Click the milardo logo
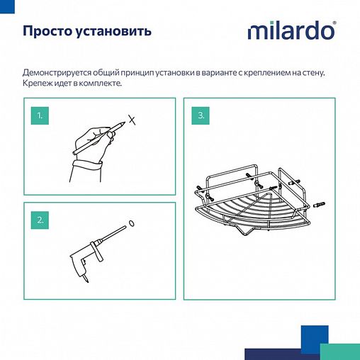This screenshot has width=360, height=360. (x=291, y=31)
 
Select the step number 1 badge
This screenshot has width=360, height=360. (x=42, y=114)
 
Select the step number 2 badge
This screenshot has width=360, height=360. (x=42, y=219)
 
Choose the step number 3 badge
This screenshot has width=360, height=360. (x=201, y=114)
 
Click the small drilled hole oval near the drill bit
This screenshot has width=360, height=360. (x=131, y=225)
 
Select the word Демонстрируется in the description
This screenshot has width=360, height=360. (x=55, y=73)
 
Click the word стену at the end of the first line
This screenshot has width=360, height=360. (x=320, y=73)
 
